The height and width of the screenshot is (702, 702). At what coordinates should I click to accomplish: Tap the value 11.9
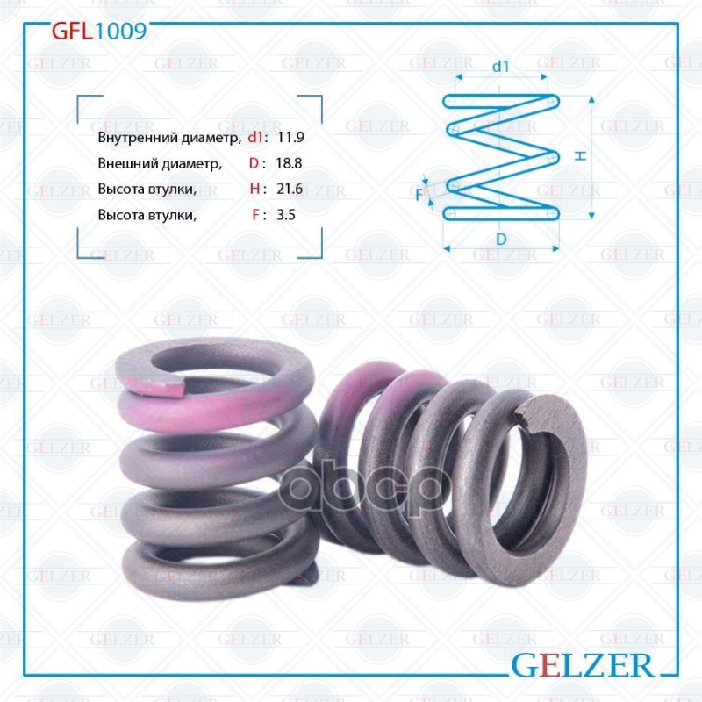click(290, 138)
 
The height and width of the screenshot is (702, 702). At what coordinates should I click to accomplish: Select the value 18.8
click(290, 163)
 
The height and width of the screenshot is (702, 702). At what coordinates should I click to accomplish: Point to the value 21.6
click(290, 189)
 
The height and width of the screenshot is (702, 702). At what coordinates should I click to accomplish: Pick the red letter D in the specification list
click(254, 163)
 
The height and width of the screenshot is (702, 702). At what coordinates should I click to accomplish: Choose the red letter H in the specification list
click(254, 189)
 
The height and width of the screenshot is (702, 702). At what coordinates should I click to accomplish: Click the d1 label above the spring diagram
click(501, 66)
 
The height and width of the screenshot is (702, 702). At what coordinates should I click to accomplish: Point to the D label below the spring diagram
click(500, 239)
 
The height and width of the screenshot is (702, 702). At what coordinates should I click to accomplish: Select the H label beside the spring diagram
click(581, 155)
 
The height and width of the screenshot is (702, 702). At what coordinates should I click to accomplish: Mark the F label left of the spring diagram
click(419, 194)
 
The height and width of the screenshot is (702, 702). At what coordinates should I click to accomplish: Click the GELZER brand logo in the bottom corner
click(582, 664)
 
